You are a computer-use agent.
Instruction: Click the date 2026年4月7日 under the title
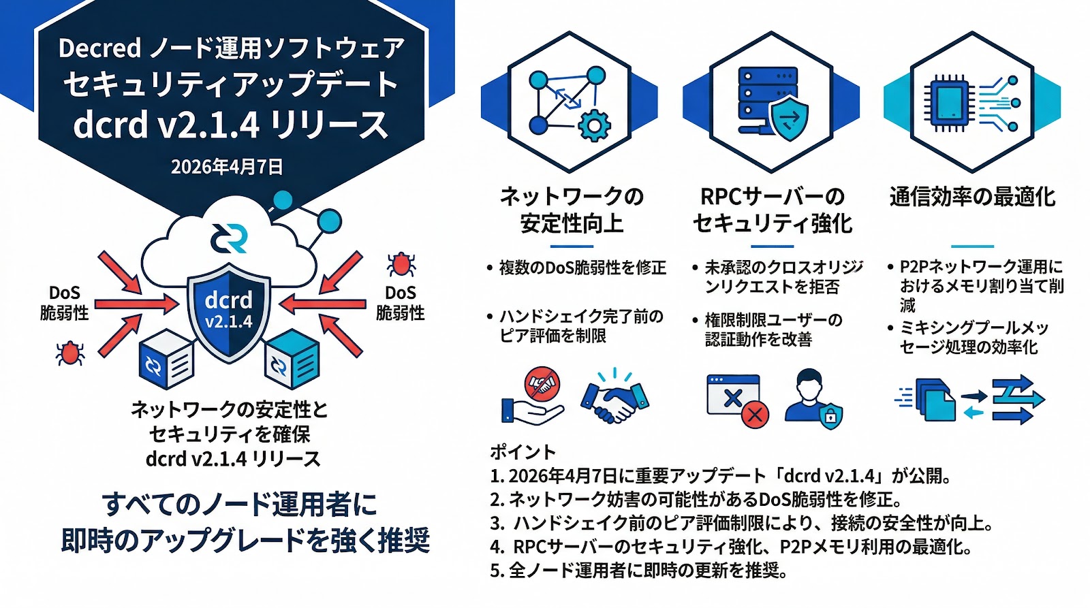(x=227, y=167)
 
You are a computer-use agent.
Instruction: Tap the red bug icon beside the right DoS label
(x=401, y=264)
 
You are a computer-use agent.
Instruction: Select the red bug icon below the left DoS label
(x=69, y=353)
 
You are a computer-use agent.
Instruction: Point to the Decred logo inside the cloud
(x=229, y=238)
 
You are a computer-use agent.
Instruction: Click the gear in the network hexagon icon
(x=594, y=125)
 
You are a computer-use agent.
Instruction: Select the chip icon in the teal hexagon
(x=950, y=103)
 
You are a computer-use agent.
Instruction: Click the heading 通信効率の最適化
(x=972, y=197)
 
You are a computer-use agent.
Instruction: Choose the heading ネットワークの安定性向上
(x=572, y=210)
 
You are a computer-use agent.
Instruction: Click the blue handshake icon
(x=614, y=398)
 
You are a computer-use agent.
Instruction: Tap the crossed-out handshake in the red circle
(x=542, y=384)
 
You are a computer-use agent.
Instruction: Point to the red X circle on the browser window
(x=755, y=413)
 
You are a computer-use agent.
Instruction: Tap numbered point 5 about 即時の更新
(x=638, y=570)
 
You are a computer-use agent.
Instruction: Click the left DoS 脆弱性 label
(x=64, y=303)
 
